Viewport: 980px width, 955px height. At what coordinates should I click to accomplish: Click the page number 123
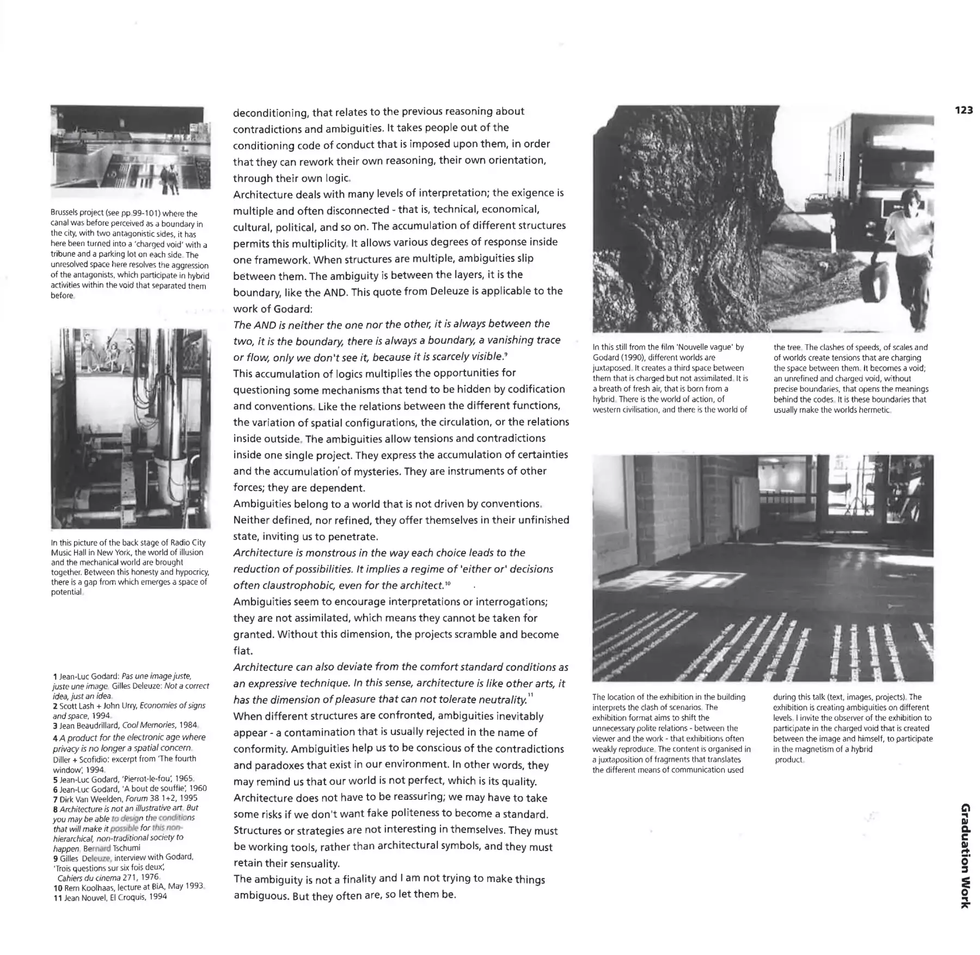[963, 110]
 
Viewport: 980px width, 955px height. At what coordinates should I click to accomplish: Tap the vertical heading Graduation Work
[964, 855]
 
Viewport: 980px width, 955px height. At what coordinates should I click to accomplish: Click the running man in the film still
[909, 250]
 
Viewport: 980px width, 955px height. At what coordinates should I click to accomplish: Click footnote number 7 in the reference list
[56, 799]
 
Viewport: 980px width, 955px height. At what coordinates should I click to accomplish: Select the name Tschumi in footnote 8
[126, 848]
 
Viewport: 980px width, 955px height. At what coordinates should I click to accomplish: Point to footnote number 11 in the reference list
[58, 897]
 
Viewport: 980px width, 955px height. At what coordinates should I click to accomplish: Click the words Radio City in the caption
[188, 542]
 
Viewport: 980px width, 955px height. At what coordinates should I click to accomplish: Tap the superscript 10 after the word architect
[448, 584]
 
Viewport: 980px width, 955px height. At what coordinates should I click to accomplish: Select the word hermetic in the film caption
[873, 410]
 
